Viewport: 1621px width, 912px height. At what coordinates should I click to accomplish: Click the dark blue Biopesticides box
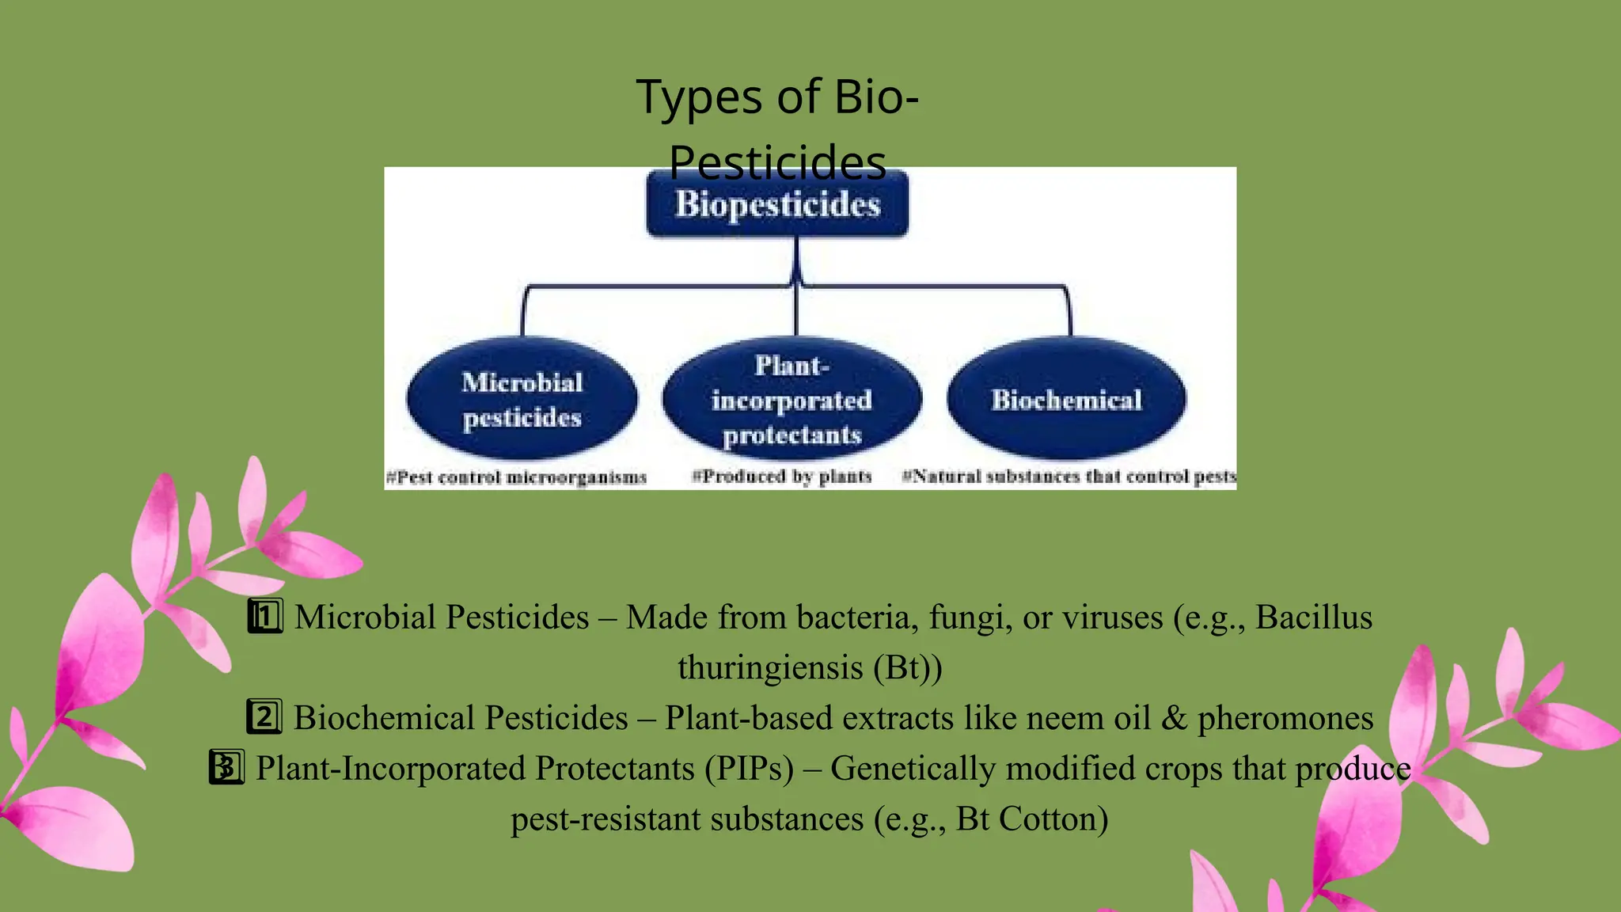tap(777, 205)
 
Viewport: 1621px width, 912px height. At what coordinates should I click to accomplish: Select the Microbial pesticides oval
tap(522, 399)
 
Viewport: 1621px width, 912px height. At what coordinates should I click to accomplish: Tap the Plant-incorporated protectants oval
tap(792, 400)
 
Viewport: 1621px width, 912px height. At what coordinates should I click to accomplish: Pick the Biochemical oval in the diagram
tap(1067, 400)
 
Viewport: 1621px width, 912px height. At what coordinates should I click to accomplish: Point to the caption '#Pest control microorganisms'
tap(516, 477)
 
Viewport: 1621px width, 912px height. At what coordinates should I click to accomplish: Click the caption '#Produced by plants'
tap(782, 477)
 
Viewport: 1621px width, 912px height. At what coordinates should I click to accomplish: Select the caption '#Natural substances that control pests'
tap(1069, 477)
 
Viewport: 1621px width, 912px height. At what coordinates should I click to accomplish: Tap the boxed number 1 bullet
tap(264, 617)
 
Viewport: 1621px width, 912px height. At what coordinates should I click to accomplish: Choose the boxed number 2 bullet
tap(264, 717)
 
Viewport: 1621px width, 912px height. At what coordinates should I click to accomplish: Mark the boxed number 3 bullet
tap(226, 768)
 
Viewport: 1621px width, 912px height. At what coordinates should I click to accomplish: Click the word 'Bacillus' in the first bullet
tap(1314, 617)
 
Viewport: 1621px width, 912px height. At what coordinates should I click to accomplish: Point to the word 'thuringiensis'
tap(770, 667)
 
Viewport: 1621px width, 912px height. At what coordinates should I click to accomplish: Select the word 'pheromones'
tap(1285, 718)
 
